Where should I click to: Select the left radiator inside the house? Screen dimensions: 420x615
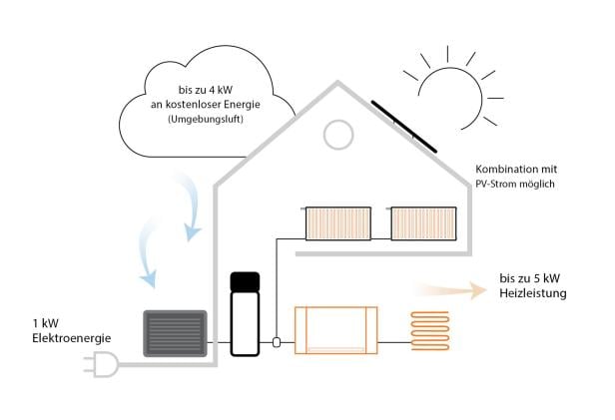click(337, 222)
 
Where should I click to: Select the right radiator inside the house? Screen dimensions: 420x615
click(423, 222)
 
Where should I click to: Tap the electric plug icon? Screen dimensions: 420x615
click(100, 368)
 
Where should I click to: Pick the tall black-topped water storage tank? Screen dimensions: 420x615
click(245, 311)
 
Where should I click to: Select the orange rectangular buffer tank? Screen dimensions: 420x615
click(336, 329)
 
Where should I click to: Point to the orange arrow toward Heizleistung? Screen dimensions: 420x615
click(449, 288)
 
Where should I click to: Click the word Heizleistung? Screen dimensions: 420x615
click(532, 294)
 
